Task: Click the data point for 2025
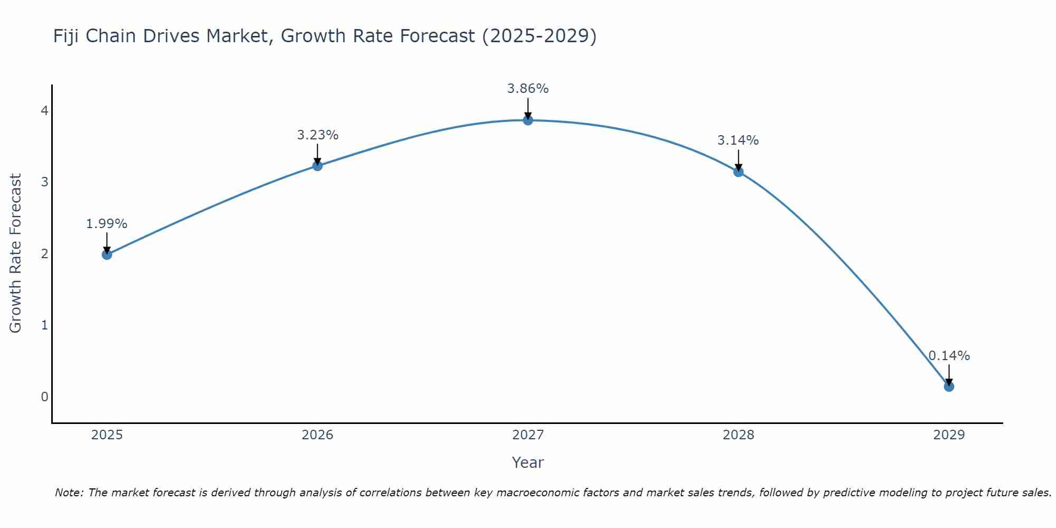107,254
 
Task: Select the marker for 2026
317,166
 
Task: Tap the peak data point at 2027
528,120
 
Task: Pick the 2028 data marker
738,172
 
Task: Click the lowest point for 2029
949,386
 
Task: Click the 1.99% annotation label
107,224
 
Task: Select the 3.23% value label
317,135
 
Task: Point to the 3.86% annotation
528,89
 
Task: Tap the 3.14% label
738,140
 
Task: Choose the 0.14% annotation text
949,356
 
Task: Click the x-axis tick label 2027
528,435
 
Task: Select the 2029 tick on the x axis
949,435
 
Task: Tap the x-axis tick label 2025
107,435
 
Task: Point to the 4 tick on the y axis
44,110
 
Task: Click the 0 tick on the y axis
44,397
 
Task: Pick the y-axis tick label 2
44,253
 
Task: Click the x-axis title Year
528,463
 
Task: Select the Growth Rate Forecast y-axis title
16,253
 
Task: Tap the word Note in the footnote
69,493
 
